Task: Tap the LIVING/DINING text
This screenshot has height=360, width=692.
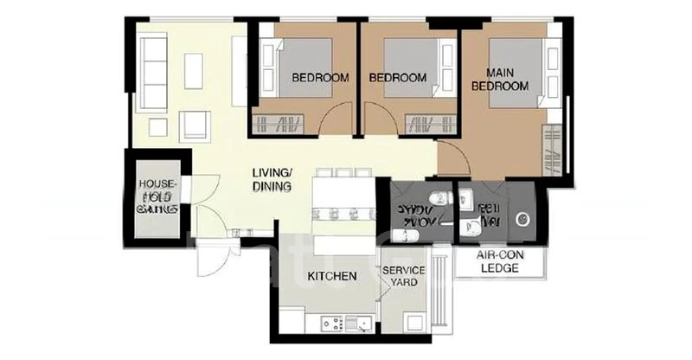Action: [x=272, y=179]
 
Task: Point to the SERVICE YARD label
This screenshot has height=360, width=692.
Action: [x=403, y=276]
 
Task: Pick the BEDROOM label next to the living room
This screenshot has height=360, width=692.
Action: [x=320, y=78]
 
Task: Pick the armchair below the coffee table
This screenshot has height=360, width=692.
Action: [x=194, y=128]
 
